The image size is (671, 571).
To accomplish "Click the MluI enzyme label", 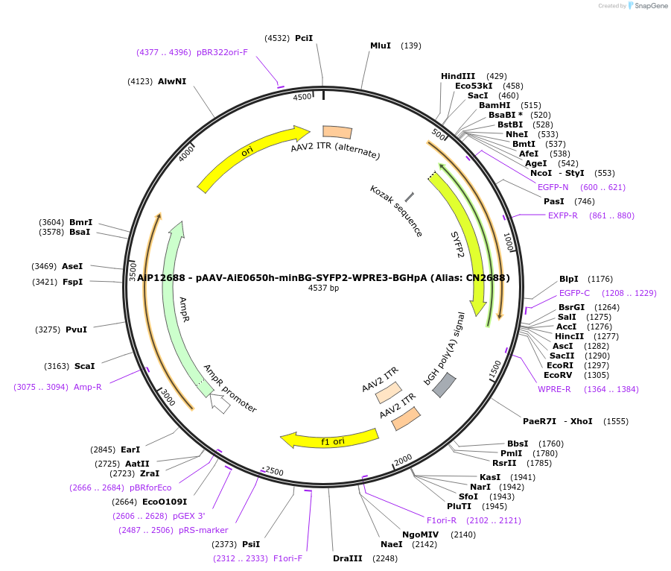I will tap(381, 45).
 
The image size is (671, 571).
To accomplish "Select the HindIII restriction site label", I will tap(458, 76).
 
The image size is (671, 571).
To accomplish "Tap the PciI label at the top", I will tap(304, 37).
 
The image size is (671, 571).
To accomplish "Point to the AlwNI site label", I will tap(172, 81).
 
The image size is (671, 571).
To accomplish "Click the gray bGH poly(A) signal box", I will tap(445, 385).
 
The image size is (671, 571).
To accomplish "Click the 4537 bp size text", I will tap(324, 288).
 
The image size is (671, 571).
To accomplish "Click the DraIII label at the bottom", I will tap(348, 558).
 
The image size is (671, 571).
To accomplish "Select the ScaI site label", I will tap(84, 366).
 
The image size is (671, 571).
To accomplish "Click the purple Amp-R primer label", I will tap(88, 387).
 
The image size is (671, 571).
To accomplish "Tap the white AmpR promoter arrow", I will tap(220, 403).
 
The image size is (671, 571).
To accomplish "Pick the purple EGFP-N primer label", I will tap(553, 187).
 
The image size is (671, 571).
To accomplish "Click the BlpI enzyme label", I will tap(569, 279).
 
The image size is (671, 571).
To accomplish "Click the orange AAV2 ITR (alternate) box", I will tap(337, 132).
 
